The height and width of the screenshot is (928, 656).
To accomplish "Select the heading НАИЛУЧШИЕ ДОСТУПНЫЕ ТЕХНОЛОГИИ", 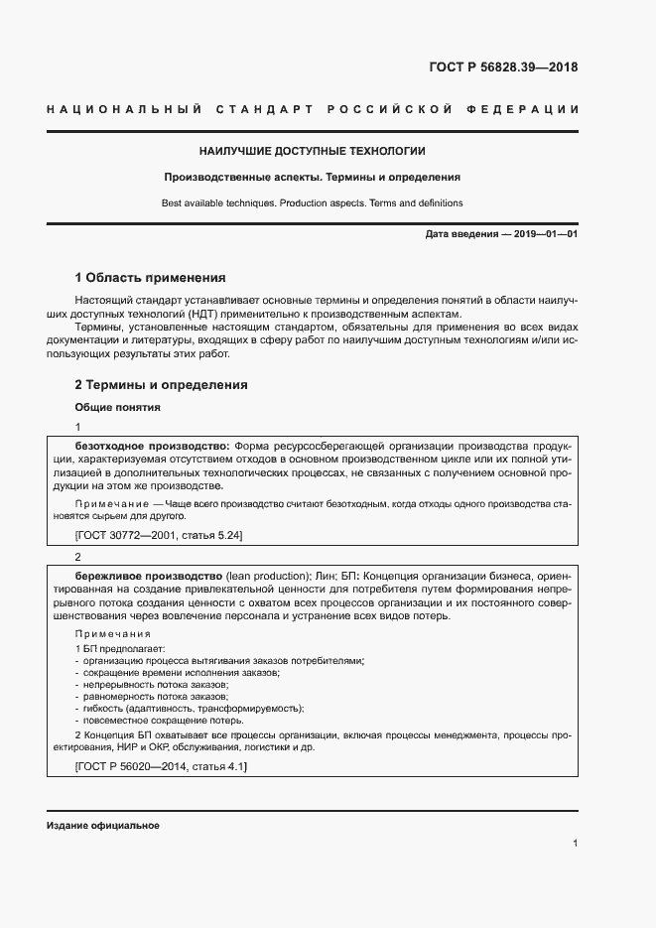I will [313, 151].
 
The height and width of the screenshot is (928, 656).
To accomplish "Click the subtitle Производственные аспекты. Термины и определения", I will [313, 178].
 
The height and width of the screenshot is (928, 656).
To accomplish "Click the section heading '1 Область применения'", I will [151, 277].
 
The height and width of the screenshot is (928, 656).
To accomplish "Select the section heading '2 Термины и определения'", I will [161, 385].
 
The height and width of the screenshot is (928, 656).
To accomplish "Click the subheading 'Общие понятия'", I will [117, 407].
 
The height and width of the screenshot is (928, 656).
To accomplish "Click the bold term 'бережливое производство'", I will [149, 576].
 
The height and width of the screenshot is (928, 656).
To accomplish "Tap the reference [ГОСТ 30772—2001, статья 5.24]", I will [159, 536].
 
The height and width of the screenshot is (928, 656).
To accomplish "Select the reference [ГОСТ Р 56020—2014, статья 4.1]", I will [161, 768].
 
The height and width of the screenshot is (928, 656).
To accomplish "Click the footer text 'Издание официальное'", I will [102, 826].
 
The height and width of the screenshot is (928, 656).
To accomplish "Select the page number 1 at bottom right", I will [576, 843].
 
